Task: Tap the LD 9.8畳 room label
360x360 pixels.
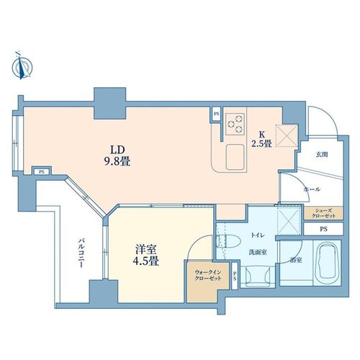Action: tap(117, 156)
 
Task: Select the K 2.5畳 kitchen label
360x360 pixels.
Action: tap(261, 139)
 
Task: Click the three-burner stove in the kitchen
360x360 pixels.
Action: tap(235, 124)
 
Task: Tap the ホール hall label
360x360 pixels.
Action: tap(312, 189)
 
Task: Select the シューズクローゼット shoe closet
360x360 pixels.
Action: tap(323, 213)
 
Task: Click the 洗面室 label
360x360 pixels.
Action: tap(258, 252)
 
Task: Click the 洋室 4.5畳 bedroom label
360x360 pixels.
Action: tap(145, 256)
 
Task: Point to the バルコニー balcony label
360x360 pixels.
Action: tap(82, 253)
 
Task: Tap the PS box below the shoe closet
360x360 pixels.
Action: tap(323, 229)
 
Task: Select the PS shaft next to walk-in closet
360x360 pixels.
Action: tap(235, 276)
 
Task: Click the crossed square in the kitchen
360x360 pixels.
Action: tap(287, 135)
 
